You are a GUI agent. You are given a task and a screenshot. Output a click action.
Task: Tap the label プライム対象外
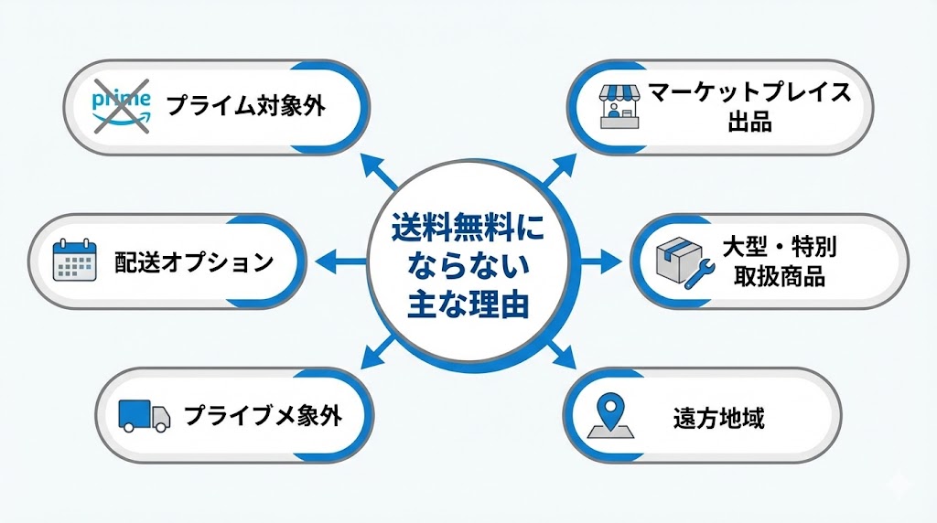point(246,106)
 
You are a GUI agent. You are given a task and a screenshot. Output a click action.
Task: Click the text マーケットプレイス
point(749,92)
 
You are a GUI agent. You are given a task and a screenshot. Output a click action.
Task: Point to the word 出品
point(749,122)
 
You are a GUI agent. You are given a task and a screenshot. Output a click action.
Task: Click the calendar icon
point(75,261)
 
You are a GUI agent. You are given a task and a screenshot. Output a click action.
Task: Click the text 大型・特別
point(781,247)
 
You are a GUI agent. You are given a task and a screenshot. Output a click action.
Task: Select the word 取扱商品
point(781,276)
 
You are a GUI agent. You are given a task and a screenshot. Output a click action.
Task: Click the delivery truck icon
point(144,417)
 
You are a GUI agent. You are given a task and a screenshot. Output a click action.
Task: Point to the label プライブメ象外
point(263,417)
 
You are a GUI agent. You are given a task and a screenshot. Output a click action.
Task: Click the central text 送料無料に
point(468,226)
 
